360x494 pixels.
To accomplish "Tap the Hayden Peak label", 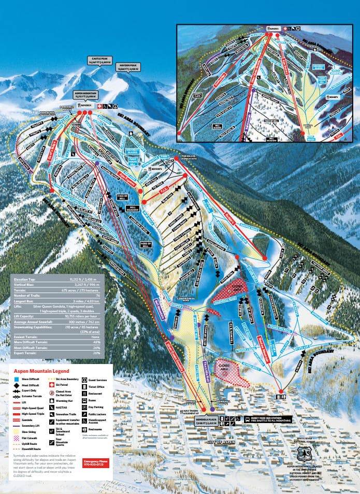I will click(x=129, y=65).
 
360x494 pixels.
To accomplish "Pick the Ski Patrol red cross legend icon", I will click(x=51, y=386).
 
